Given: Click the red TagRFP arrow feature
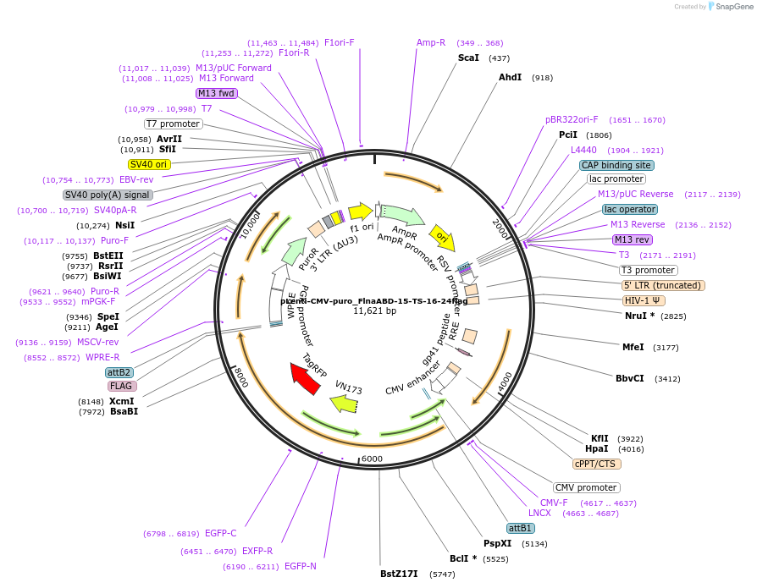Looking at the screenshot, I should coord(305,378).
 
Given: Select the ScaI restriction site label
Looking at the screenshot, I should coord(468,58).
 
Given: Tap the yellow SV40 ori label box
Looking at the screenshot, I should coord(149,164).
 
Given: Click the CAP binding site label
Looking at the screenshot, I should coord(616,165).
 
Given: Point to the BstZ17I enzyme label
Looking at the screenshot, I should coord(399,574).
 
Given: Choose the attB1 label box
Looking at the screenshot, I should coord(520,528).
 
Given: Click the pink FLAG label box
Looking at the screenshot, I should coord(121,386).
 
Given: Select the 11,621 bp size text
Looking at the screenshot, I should coord(374,311).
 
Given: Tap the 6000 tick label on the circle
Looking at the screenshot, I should coord(373,458).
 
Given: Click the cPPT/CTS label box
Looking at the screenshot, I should coord(597,464).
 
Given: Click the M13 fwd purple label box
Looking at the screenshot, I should coord(216,93).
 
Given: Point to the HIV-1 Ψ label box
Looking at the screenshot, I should coord(644,300).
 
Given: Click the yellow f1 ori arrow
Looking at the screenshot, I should coord(361,211).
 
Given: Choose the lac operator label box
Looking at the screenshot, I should coord(629,209).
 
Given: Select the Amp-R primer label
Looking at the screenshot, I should coord(431,42).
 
